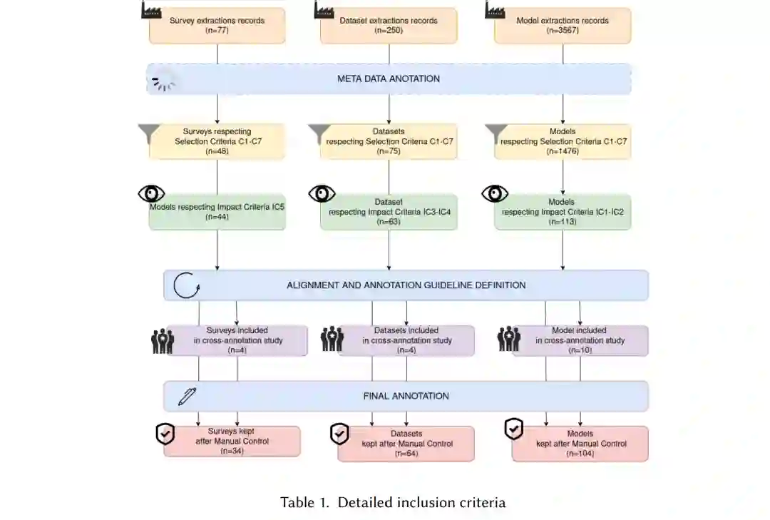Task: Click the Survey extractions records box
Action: click(x=217, y=26)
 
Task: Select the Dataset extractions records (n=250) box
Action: click(x=389, y=26)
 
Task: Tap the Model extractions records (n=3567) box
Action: click(x=563, y=26)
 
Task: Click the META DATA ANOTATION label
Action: click(x=389, y=78)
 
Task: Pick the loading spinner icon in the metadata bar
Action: click(x=163, y=84)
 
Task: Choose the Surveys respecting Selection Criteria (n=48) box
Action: click(x=217, y=141)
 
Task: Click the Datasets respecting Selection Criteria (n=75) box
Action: click(x=389, y=141)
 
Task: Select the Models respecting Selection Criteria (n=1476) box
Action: click(x=563, y=141)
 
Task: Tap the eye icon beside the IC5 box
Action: click(x=151, y=193)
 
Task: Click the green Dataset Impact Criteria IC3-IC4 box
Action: click(x=389, y=212)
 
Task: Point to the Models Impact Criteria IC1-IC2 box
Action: click(x=563, y=212)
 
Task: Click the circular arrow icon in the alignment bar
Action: click(x=187, y=286)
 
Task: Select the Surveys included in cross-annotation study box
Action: click(x=237, y=341)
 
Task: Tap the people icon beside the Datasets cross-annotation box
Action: click(x=332, y=339)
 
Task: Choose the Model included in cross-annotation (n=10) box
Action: click(x=579, y=341)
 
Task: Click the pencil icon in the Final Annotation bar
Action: click(x=187, y=397)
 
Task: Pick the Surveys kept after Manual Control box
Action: click(x=232, y=442)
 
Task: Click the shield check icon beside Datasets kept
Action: click(x=339, y=433)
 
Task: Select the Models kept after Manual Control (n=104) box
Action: click(x=580, y=444)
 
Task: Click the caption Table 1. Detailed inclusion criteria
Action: click(x=393, y=502)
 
